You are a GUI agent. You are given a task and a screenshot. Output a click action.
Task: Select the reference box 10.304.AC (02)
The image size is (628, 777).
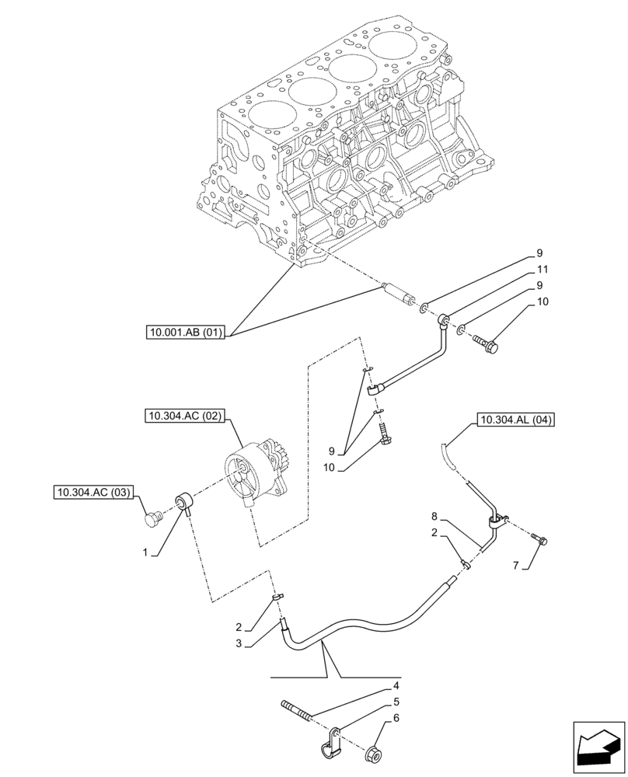183,416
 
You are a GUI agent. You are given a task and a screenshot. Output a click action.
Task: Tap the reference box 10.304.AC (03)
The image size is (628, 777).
94,492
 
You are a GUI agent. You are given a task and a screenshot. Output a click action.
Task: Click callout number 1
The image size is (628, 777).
145,552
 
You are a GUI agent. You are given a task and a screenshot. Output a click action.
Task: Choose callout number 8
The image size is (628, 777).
435,515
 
